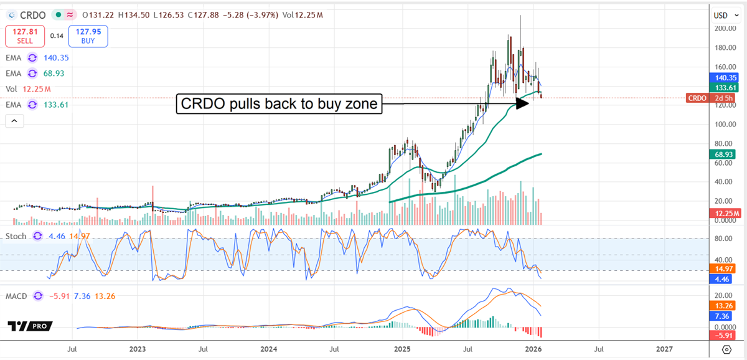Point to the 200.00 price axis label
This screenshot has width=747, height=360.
click(x=725, y=29)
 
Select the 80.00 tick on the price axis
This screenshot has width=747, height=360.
click(x=725, y=143)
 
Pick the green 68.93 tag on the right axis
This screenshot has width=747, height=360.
click(x=724, y=153)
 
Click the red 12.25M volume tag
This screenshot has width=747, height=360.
click(x=723, y=213)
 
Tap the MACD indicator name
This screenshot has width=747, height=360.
click(x=16, y=296)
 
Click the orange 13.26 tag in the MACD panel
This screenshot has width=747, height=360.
click(x=724, y=306)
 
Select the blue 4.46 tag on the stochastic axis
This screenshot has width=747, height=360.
click(x=724, y=279)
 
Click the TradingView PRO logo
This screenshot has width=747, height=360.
click(x=30, y=326)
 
